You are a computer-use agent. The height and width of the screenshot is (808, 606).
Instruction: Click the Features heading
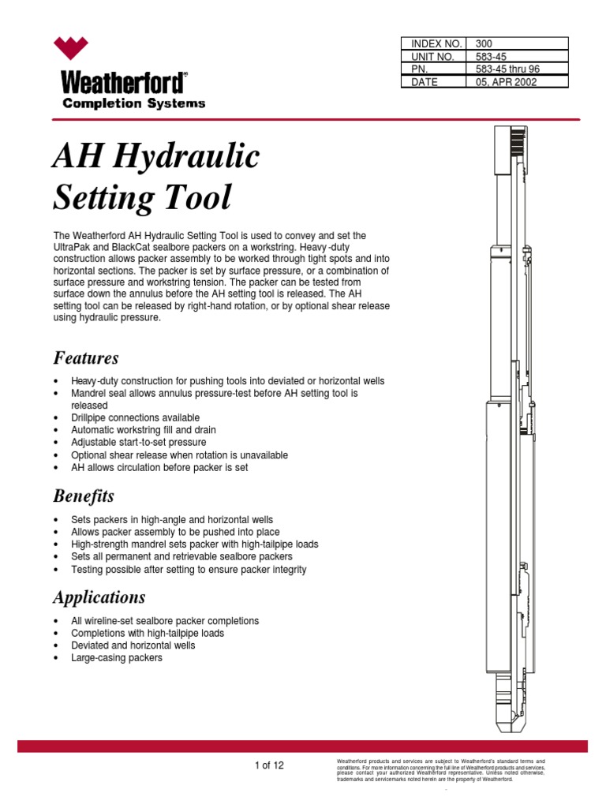click(86, 358)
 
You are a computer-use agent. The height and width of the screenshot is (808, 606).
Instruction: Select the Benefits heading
click(84, 496)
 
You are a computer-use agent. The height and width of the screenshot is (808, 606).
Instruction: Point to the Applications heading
click(99, 597)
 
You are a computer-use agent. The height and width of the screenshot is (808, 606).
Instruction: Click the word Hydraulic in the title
click(187, 158)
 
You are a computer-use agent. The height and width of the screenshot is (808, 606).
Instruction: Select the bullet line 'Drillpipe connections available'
click(135, 417)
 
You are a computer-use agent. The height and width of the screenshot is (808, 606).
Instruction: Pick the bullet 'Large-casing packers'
click(117, 657)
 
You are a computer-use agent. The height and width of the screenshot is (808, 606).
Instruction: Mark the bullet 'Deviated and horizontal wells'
click(133, 645)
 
